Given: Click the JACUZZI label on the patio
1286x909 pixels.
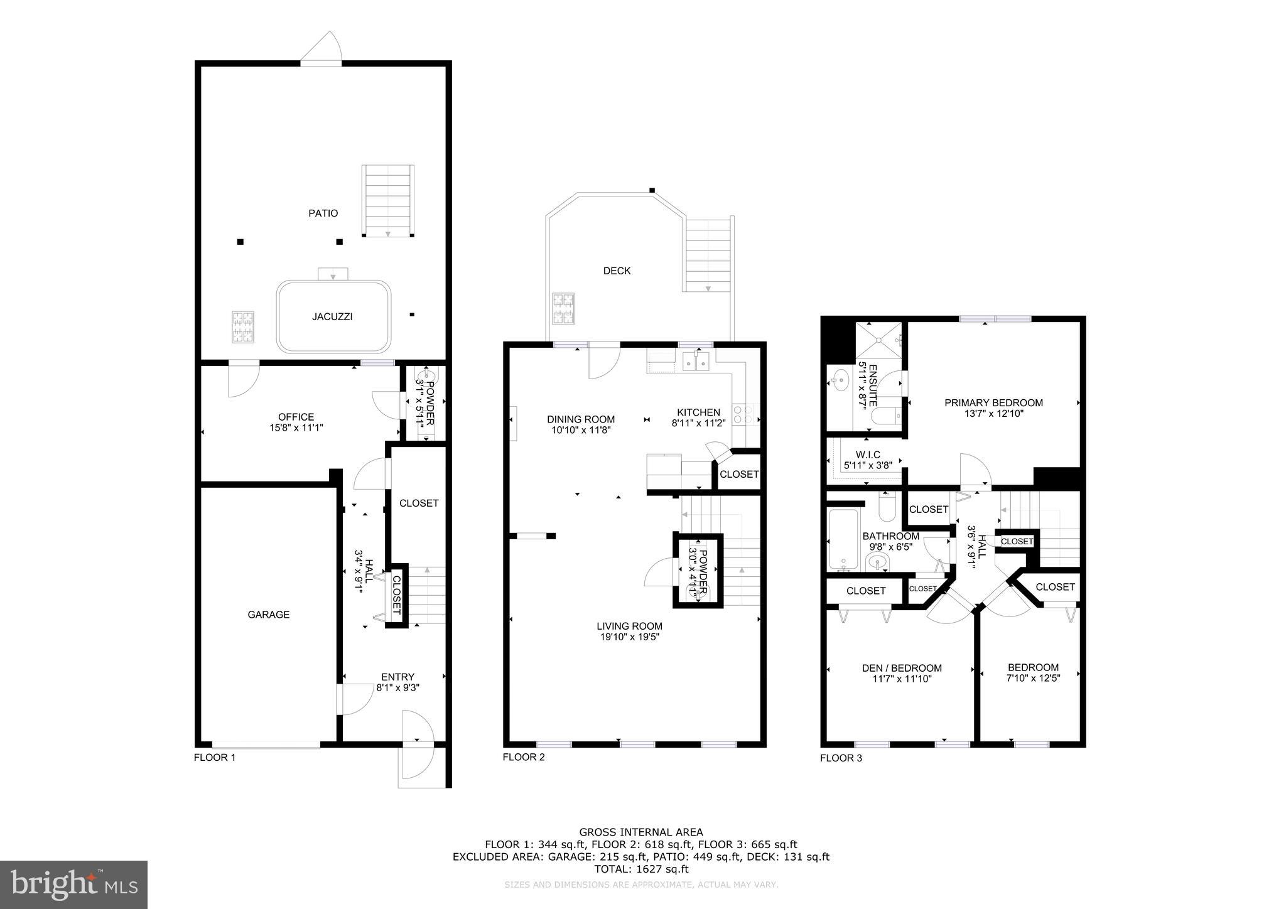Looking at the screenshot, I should tap(332, 317).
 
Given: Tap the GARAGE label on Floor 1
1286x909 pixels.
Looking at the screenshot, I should tap(268, 615).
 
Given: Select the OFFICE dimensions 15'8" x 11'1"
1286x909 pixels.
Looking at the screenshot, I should tap(296, 428).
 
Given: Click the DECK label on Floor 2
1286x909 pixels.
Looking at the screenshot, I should tap(617, 271).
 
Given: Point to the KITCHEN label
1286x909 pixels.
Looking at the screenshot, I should tap(698, 412).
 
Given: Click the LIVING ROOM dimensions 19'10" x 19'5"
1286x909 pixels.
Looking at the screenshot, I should tap(629, 637).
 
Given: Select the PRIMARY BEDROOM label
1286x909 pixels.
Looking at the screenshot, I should tap(993, 403).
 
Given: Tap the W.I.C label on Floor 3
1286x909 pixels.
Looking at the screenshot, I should tap(868, 455).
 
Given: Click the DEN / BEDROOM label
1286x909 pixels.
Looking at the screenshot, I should tap(902, 668).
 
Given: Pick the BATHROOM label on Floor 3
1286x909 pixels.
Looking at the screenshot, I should tap(890, 536).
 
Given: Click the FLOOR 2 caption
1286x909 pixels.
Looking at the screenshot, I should tap(524, 757).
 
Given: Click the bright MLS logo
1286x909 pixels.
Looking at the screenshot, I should tap(74, 885).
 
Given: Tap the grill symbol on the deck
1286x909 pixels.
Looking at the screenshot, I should tap(563, 309).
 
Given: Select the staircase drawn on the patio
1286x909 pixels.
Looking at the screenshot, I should tap(388, 201).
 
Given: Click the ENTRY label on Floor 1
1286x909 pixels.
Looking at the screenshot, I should tap(397, 677).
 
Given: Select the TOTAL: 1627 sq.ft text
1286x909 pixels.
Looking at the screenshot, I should tap(641, 869).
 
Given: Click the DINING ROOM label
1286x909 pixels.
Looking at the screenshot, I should tap(581, 419).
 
